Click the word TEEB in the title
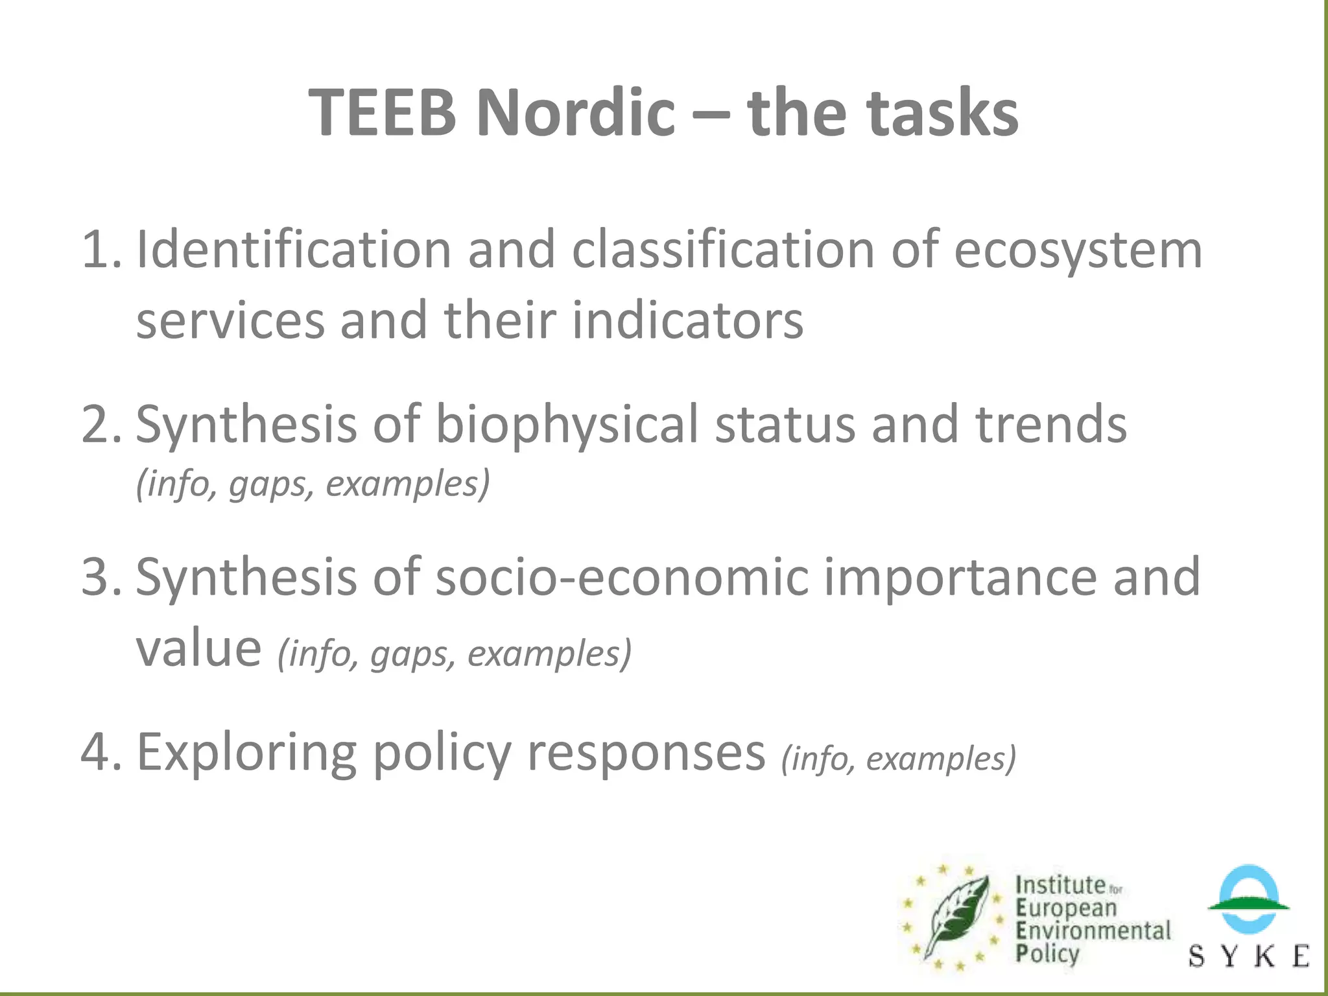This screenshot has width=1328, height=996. pos(383,113)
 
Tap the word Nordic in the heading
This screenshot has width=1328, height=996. pos(575,113)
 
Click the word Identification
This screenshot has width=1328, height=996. pos(293,250)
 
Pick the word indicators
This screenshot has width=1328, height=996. pos(687,321)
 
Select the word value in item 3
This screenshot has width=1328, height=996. pos(198,648)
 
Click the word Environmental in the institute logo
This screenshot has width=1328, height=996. pos(1093,931)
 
